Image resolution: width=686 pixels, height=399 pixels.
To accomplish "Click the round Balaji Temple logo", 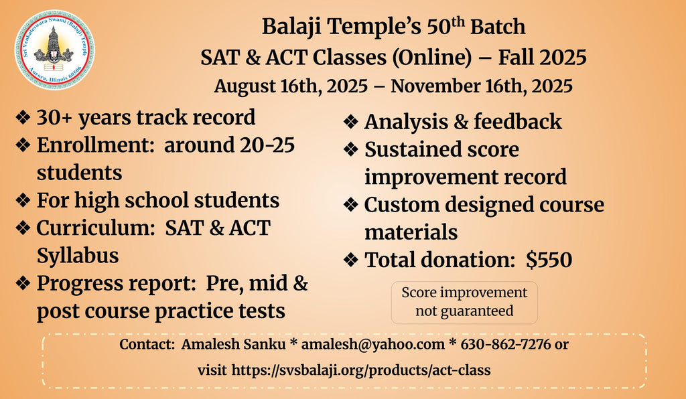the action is point(54,50).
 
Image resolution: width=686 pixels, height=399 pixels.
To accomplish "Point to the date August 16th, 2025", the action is point(291,86).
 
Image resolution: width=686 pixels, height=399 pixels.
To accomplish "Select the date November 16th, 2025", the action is point(481,86).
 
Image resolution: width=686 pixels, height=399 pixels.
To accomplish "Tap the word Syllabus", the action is point(78,256).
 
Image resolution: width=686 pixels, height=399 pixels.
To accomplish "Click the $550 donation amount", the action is point(549,260).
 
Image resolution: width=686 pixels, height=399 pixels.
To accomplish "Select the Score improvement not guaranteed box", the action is point(464,303).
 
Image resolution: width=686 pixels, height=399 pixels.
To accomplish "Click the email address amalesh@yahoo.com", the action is point(372,344).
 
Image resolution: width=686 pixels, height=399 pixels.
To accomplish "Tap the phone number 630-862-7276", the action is point(506,344).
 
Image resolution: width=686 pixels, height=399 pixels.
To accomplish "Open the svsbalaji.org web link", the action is point(361,370).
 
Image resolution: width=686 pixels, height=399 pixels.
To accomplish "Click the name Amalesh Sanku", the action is point(234,344).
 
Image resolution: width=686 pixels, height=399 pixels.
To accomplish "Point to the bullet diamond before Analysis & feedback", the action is point(351,122).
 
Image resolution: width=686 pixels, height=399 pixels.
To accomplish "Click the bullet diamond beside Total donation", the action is point(351,260).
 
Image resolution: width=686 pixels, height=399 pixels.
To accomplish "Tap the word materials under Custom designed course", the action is point(411,232).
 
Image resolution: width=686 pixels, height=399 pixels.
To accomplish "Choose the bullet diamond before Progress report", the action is point(23,283).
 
